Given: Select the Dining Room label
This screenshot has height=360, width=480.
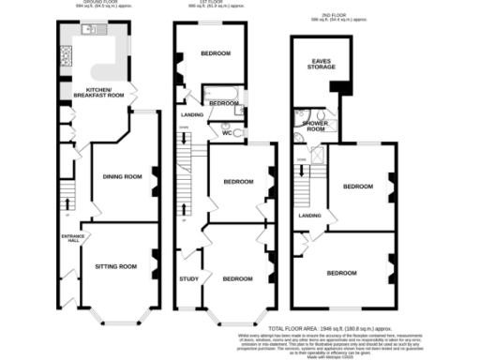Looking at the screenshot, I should point(121,177).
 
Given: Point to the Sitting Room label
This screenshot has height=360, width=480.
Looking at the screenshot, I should point(115,267).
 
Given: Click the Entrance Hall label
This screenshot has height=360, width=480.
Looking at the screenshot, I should point(70,238).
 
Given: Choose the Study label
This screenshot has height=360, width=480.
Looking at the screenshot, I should point(187,278).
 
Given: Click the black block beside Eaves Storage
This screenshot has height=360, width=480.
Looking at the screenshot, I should point(342,87).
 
